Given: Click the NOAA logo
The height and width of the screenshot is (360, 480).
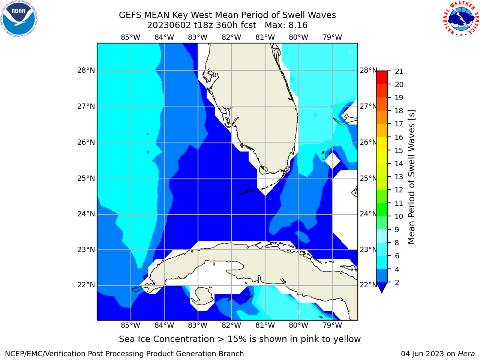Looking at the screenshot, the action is [19, 19].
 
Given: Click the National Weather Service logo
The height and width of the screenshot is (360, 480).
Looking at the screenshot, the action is [461, 19].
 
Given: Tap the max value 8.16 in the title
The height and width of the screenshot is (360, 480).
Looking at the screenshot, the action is [298, 25].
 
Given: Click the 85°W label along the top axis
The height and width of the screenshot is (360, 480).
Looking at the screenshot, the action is [130, 37].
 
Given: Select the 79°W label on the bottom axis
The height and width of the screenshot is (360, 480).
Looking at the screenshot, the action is [332, 325].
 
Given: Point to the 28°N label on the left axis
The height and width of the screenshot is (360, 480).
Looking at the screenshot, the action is [86, 70].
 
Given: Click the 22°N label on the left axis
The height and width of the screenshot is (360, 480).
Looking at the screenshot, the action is [86, 285].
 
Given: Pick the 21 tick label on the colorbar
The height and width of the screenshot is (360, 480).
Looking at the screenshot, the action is [399, 72].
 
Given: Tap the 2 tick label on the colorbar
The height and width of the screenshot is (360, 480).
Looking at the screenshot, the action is [397, 282].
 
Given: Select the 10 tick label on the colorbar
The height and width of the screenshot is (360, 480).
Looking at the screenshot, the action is [399, 216].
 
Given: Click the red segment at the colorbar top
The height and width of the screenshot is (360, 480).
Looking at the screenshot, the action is [382, 78].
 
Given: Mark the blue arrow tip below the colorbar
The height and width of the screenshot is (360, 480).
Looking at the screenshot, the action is [382, 292].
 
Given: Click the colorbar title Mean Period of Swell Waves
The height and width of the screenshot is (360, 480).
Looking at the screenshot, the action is [411, 177].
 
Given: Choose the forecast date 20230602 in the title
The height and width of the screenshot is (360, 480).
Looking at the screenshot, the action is [169, 25].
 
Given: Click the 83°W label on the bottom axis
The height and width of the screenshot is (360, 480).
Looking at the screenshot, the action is [198, 325].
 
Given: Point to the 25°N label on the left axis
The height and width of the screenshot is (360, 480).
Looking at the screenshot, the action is [86, 178].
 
